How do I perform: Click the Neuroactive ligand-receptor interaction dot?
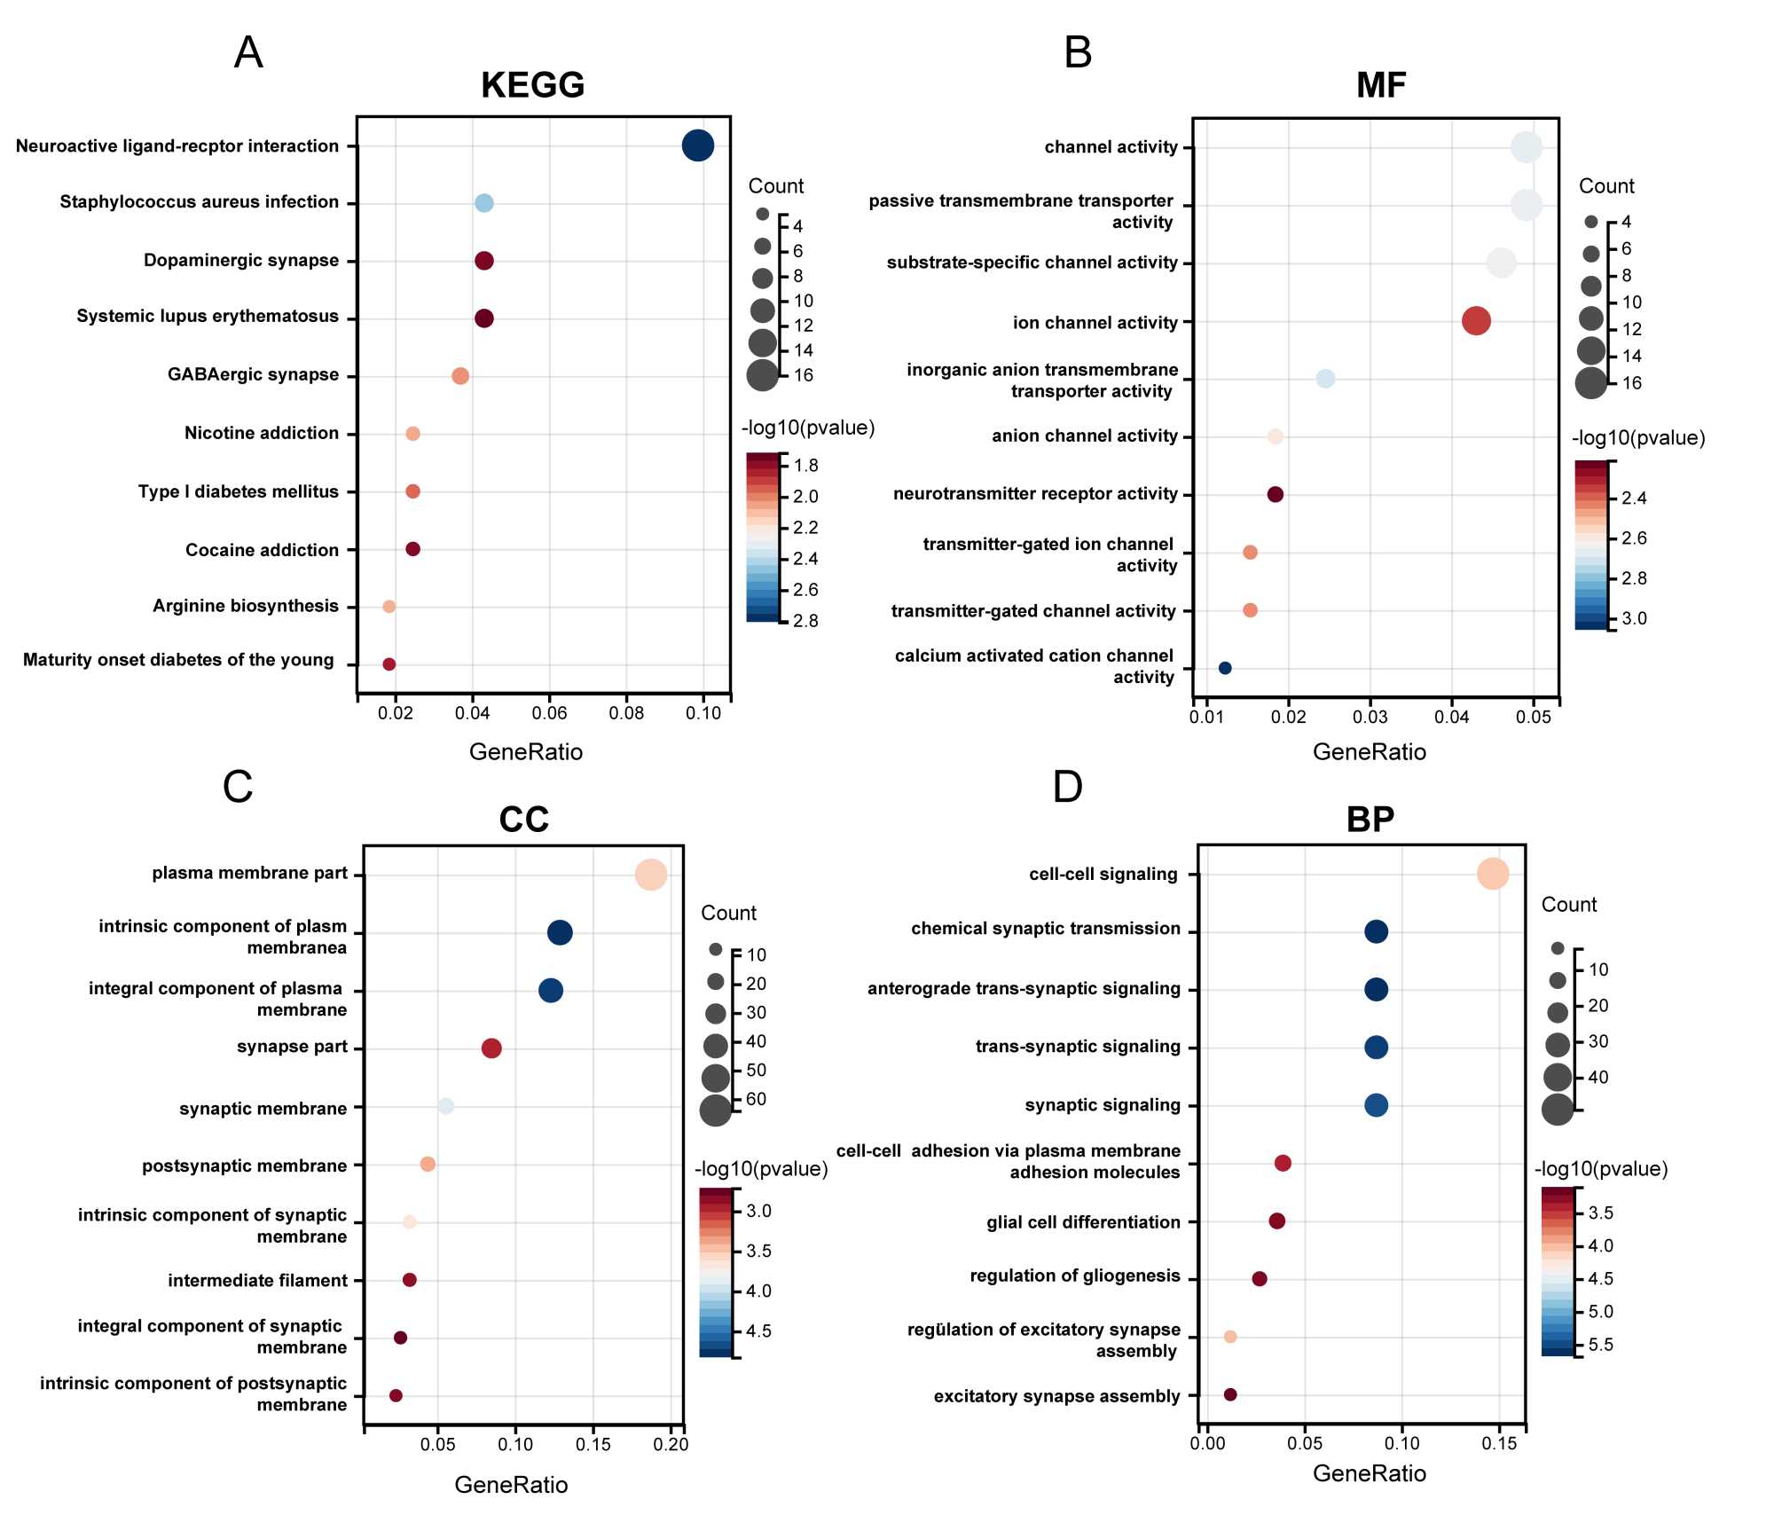point(698,145)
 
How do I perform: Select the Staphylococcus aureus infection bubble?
point(483,203)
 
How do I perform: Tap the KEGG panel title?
point(532,85)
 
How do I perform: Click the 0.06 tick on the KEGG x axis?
point(549,713)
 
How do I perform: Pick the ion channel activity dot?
point(1476,321)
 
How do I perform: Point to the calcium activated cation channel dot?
point(1225,668)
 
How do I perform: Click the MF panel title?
point(1381,85)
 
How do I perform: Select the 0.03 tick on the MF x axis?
point(1370,717)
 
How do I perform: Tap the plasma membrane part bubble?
point(651,875)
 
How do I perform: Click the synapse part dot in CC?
point(491,1048)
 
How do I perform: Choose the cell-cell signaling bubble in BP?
point(1493,874)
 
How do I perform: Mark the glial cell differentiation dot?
point(1277,1221)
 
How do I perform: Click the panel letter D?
point(1068,787)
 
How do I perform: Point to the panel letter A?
point(248,52)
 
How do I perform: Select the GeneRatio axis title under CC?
point(511,1485)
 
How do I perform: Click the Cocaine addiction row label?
point(262,550)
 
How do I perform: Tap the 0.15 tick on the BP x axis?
point(1499,1443)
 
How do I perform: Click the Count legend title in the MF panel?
point(1606,186)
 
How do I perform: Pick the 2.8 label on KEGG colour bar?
point(805,621)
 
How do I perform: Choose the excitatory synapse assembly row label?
point(1056,1396)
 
